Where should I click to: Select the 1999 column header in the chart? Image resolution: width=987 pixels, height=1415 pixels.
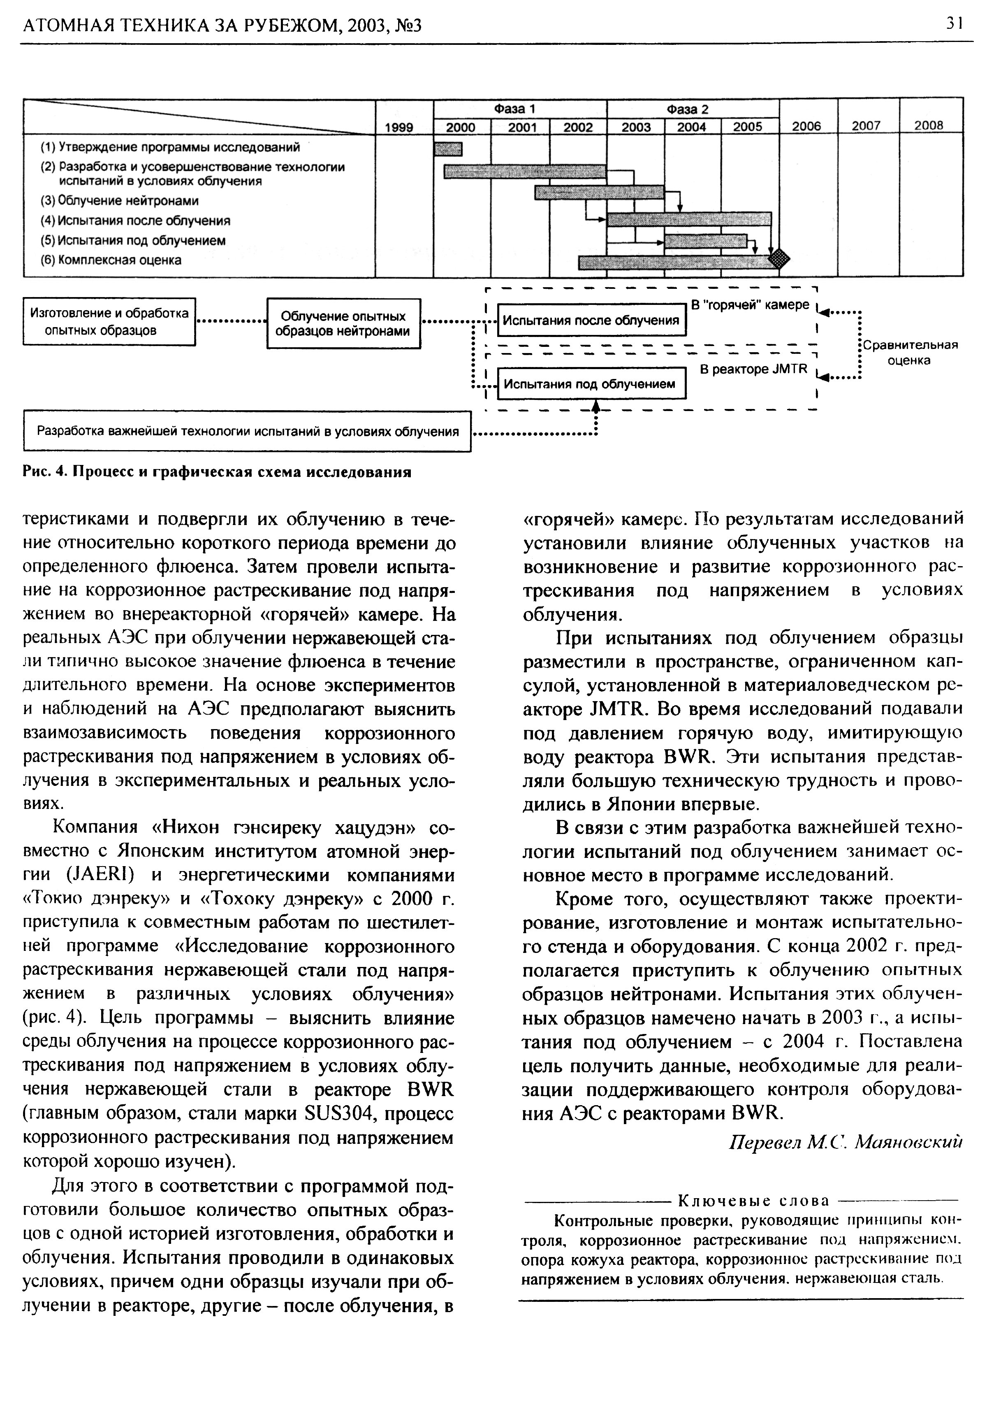pos(399,127)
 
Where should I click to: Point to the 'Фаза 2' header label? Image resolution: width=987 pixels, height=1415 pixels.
pos(688,109)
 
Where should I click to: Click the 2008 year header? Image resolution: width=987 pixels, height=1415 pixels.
pos(929,125)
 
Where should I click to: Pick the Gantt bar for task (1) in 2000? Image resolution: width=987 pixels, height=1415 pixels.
pos(448,149)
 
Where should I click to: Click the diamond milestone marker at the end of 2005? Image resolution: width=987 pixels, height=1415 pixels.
pos(779,257)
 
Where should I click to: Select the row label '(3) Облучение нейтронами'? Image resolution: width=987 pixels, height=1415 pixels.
pos(120,201)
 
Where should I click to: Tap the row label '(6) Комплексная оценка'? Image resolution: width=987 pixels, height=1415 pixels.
pos(111,260)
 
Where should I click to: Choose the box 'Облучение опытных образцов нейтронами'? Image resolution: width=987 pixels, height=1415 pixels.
pos(343,323)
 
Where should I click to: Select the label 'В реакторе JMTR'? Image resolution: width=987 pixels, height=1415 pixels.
pos(753,369)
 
